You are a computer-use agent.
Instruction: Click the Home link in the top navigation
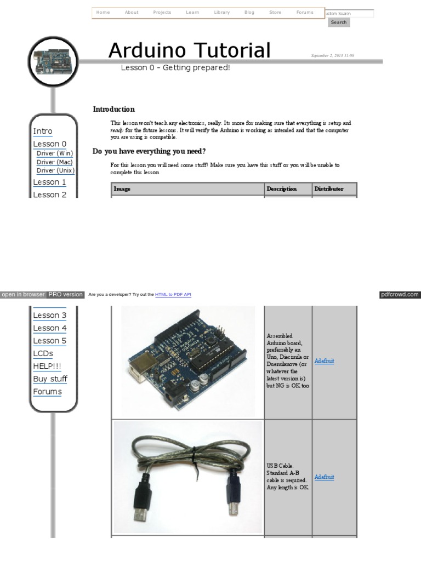click(103, 12)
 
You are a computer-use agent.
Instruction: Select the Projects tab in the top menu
click(162, 12)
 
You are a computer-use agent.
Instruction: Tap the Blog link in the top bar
click(249, 12)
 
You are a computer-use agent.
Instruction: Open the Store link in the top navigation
click(275, 12)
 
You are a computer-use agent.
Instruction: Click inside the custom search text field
click(350, 13)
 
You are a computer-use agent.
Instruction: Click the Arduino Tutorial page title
click(190, 50)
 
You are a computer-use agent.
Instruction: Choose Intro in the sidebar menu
click(43, 131)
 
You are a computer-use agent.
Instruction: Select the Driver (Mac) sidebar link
click(54, 162)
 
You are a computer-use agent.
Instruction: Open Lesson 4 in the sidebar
click(50, 328)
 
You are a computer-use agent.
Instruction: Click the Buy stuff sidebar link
click(50, 379)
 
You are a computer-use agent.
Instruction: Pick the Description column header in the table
click(282, 189)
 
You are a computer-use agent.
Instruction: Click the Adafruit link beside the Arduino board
click(325, 361)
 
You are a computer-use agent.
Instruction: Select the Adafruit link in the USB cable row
click(325, 477)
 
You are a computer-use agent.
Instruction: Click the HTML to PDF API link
click(173, 295)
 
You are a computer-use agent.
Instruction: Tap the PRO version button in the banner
click(65, 294)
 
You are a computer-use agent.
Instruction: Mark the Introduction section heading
click(113, 110)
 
